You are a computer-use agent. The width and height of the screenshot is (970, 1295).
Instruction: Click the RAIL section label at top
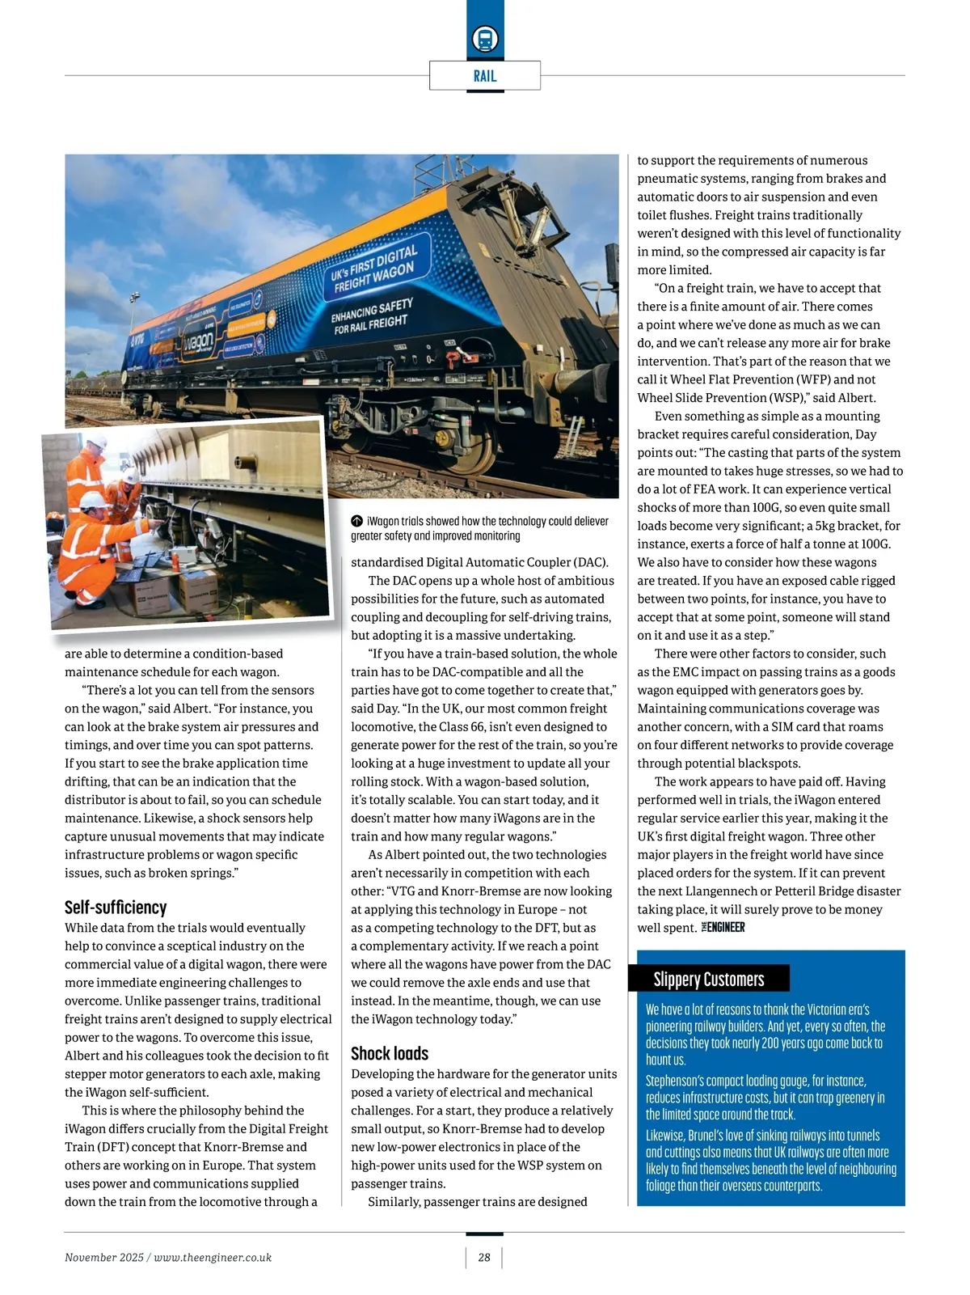pyautogui.click(x=485, y=76)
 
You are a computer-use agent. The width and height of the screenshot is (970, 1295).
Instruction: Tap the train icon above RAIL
pyautogui.click(x=485, y=39)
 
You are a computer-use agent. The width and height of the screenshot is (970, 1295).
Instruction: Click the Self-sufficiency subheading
pyautogui.click(x=116, y=907)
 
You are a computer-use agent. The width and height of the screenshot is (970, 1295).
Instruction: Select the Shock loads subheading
pyautogui.click(x=390, y=1053)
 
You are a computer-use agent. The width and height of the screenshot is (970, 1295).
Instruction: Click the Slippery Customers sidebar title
pyautogui.click(x=709, y=980)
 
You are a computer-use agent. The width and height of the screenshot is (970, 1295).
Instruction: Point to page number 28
pyautogui.click(x=484, y=1257)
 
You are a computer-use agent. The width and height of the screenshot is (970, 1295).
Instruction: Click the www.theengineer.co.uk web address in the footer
pyautogui.click(x=213, y=1257)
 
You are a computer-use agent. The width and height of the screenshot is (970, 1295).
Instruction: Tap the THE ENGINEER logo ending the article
pyautogui.click(x=723, y=927)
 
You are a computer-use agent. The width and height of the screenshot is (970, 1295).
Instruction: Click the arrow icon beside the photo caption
pyautogui.click(x=356, y=522)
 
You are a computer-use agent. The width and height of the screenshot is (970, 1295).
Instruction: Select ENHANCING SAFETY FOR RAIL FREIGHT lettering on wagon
pyautogui.click(x=372, y=316)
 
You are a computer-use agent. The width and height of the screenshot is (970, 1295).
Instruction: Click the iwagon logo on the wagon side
pyautogui.click(x=198, y=342)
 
